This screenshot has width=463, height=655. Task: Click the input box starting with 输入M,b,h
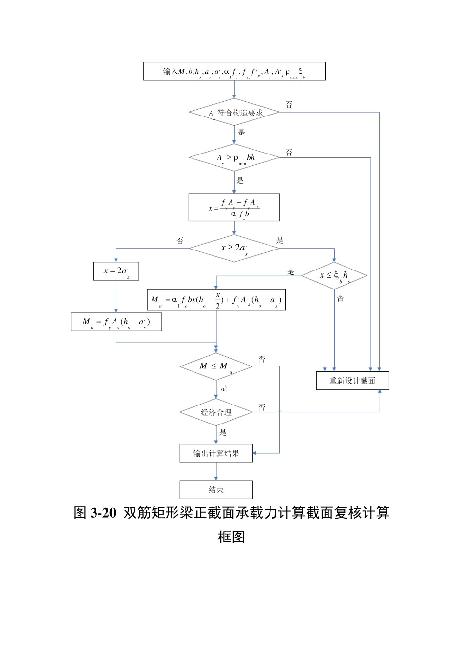click(234, 71)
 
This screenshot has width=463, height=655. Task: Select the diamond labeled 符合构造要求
click(234, 113)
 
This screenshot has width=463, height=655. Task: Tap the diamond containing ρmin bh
click(234, 158)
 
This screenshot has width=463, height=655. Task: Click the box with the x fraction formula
click(234, 208)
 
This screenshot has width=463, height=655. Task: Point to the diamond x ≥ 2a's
click(234, 248)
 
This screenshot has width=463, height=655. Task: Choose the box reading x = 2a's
click(116, 271)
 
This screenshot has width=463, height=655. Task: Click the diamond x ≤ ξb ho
click(334, 276)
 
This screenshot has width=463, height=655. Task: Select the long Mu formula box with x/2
click(216, 300)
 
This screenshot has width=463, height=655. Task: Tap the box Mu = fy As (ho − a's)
click(116, 322)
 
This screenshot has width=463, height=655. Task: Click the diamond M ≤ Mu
click(216, 366)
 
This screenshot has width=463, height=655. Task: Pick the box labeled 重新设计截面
click(352, 381)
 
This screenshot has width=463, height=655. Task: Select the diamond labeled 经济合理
click(216, 412)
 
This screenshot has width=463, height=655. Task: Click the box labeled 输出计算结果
click(216, 453)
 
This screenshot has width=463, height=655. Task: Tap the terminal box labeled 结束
click(216, 490)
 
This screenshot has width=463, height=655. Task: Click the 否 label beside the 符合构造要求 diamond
click(289, 105)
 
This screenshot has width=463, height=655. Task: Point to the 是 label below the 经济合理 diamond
click(223, 432)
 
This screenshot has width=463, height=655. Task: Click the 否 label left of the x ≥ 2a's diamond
click(180, 241)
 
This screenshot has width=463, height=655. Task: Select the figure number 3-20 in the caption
click(103, 513)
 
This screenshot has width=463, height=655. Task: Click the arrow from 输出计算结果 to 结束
click(216, 471)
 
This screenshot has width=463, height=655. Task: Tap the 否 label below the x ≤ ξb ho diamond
click(340, 298)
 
